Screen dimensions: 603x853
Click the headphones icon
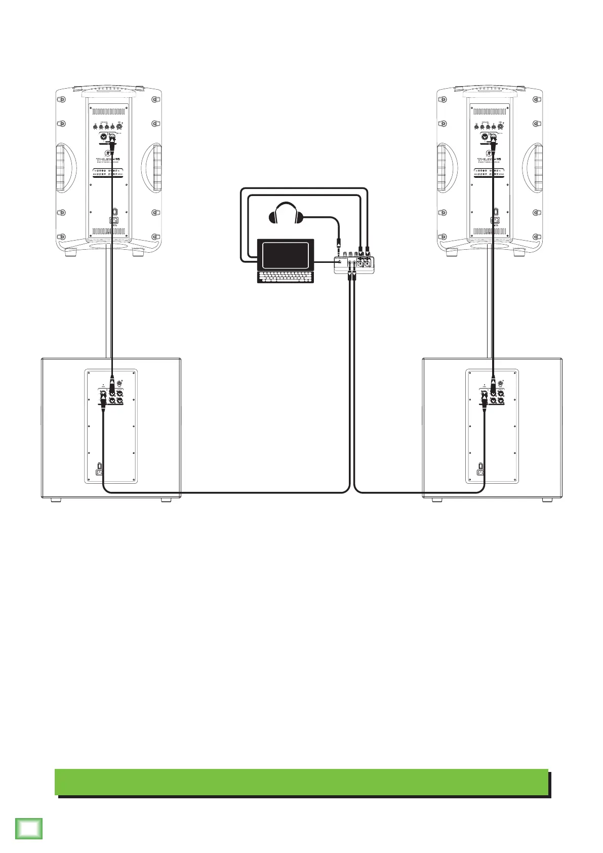tap(286, 213)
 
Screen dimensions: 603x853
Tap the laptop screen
tap(286, 255)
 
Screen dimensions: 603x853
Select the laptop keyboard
tap(286, 277)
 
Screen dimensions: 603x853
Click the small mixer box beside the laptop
tap(354, 264)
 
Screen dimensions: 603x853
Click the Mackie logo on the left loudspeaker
tap(107, 153)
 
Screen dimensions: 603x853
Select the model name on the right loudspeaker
tap(489, 160)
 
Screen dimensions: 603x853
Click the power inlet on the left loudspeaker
tap(115, 220)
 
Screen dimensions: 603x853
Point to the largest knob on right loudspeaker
tap(501, 127)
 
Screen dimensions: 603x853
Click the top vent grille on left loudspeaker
tap(108, 111)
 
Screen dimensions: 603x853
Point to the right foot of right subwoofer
tap(547, 500)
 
